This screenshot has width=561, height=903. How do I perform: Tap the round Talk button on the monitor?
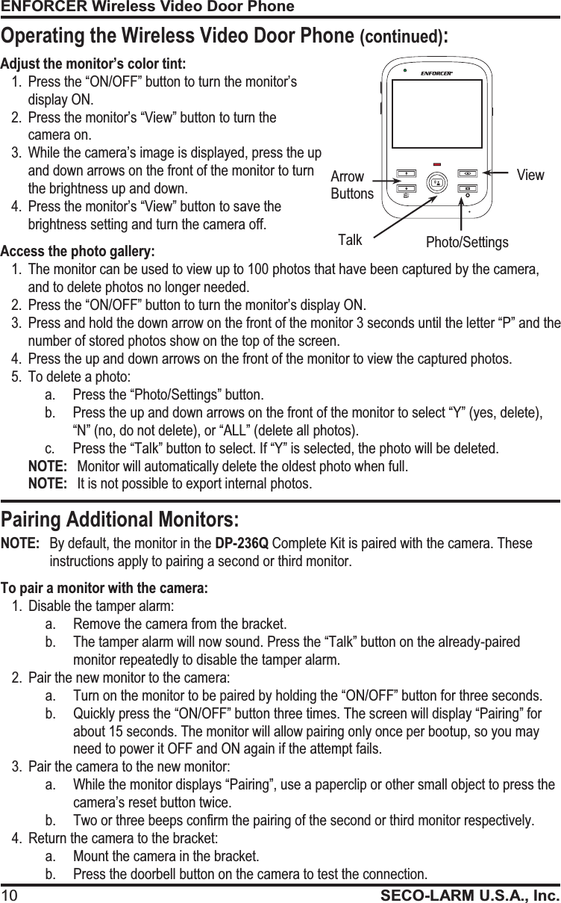[436, 182]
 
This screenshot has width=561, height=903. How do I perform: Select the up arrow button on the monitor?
[406, 173]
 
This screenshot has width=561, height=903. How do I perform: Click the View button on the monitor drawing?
[468, 173]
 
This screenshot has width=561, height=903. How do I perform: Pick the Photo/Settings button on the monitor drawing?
[468, 188]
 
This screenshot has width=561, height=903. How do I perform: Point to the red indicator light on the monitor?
[436, 164]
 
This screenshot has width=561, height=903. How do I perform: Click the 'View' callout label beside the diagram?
[530, 176]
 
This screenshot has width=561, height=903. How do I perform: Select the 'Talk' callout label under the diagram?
[350, 240]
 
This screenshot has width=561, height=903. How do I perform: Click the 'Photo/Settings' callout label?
[467, 242]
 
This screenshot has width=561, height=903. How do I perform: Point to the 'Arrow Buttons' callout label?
[351, 185]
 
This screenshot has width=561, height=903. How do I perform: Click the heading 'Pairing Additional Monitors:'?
[120, 519]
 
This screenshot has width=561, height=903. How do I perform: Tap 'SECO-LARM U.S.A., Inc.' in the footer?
[470, 895]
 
